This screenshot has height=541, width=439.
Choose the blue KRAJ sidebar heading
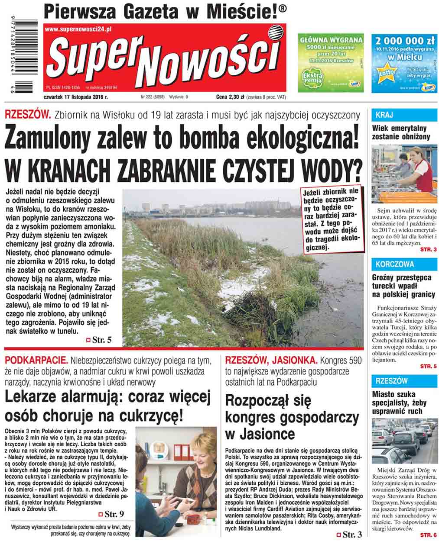coord(384,115)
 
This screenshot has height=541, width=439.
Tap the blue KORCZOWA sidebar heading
coord(395,264)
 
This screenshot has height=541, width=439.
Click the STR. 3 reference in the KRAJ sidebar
coord(428,250)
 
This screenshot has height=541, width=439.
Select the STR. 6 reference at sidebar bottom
coord(428,534)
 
